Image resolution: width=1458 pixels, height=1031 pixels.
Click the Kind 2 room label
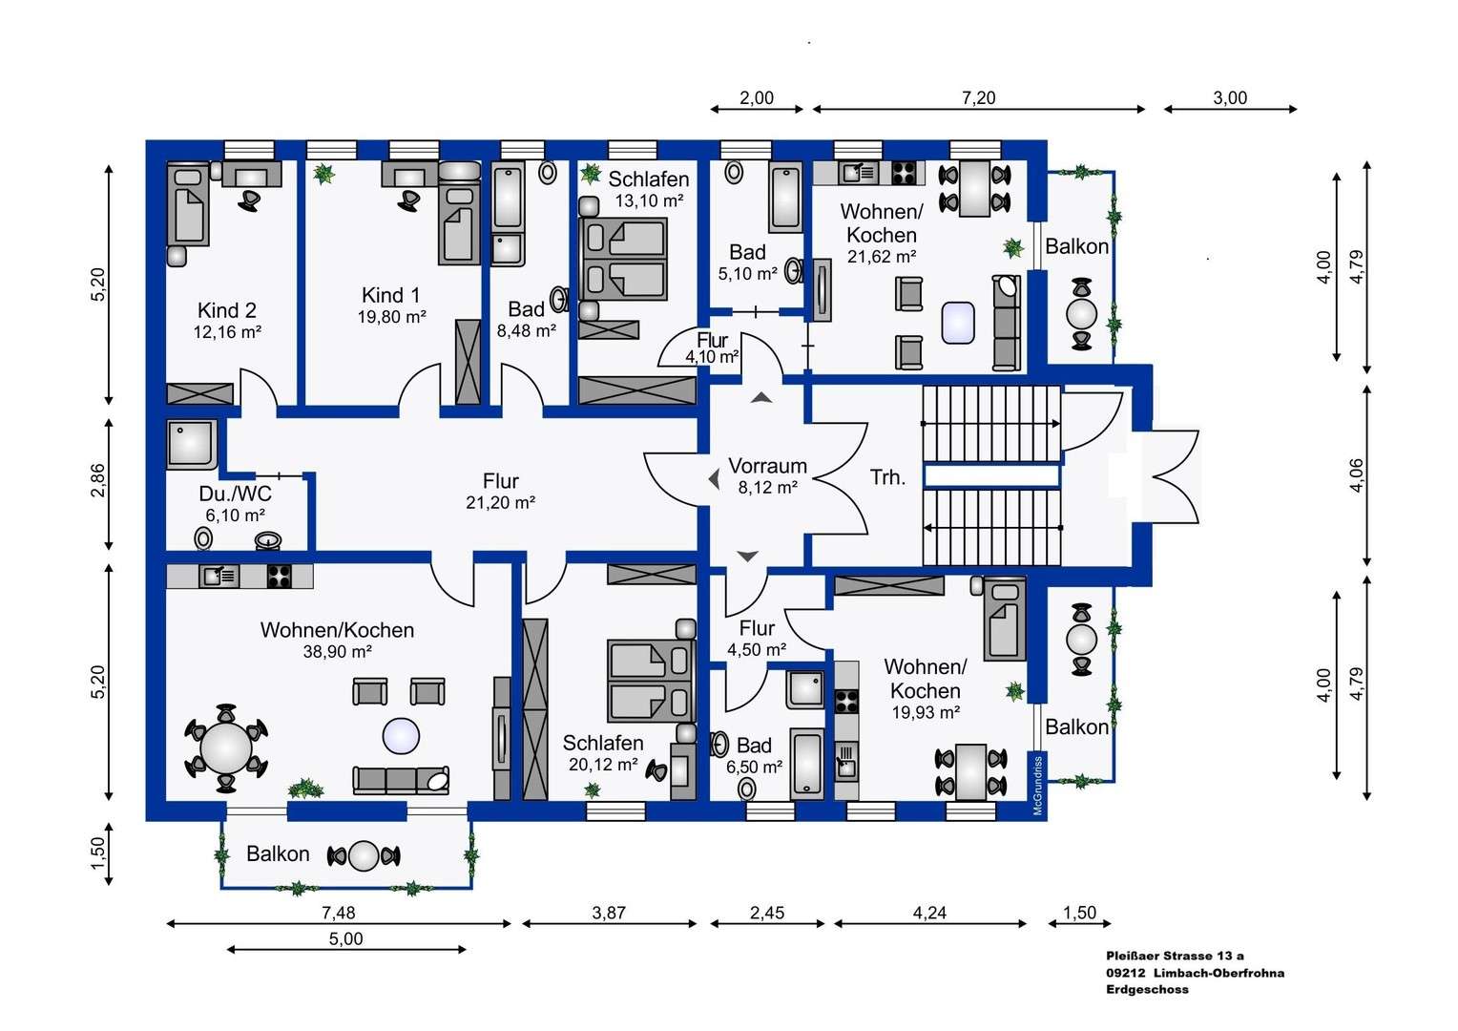tap(226, 310)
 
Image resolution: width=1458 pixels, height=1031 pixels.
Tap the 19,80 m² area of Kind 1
tap(391, 317)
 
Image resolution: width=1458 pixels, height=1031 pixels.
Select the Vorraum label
tap(767, 466)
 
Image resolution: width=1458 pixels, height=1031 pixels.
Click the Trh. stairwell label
tap(887, 477)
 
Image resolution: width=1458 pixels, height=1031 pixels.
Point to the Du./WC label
tap(235, 494)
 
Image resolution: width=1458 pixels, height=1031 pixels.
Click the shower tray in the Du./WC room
tap(192, 445)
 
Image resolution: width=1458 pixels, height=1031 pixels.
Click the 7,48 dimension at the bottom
tap(338, 913)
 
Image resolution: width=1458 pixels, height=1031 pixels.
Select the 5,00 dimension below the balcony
tap(345, 938)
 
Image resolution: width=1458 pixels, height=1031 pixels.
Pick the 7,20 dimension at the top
tap(978, 97)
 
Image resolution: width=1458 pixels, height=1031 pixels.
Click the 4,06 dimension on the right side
tap(1356, 475)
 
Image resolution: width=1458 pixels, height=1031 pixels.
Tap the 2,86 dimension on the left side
tap(97, 481)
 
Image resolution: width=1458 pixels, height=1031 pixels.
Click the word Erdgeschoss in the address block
tap(1147, 990)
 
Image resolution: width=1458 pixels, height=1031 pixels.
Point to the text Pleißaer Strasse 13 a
tap(1175, 956)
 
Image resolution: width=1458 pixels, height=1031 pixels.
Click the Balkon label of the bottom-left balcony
tap(278, 853)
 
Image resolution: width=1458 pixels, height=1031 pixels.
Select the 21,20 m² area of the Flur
tap(500, 503)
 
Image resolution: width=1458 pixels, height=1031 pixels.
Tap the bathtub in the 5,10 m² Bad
tap(785, 199)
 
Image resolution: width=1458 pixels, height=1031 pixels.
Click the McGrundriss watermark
tap(1038, 786)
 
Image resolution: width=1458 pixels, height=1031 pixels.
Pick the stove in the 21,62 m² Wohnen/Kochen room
tap(903, 173)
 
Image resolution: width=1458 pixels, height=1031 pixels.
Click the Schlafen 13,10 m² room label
tap(648, 179)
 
